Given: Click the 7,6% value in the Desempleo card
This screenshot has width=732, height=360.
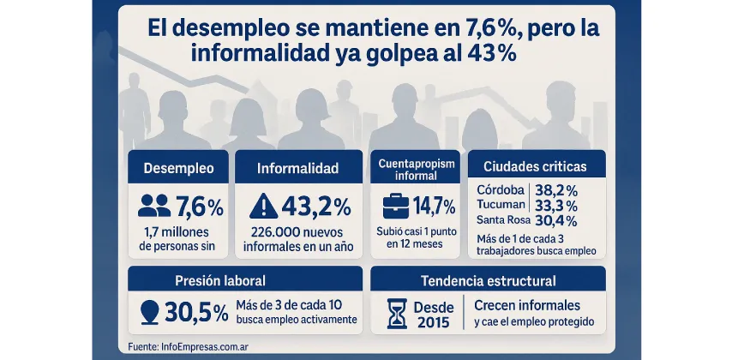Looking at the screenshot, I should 199,207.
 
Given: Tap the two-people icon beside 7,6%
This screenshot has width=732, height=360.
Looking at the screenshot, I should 154,206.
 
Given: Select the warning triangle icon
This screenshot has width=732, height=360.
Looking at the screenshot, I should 262,207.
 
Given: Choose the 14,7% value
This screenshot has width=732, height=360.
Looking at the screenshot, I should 435,207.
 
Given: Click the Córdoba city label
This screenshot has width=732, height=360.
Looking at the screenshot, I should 500,190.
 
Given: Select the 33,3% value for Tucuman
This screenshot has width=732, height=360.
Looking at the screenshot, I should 555,206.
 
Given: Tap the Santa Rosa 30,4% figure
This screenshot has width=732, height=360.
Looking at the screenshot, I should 555,221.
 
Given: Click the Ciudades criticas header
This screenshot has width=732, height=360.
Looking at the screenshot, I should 537,165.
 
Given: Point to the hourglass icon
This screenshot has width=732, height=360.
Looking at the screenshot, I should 397,314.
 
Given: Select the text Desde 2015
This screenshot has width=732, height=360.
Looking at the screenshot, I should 433,314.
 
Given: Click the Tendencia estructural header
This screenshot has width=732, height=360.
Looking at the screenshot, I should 488,280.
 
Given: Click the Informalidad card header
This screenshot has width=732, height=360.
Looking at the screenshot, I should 297,168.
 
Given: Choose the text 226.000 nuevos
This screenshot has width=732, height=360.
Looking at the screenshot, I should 297,232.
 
